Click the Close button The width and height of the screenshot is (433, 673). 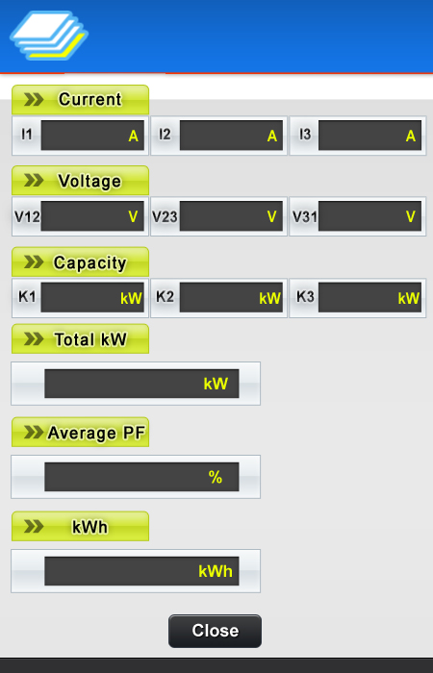pos(215,631)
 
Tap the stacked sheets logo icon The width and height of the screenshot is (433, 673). pos(49,36)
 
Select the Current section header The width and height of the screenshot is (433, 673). pos(80,100)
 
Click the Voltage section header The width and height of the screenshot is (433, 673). pos(80,181)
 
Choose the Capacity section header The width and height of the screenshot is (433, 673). pos(80,262)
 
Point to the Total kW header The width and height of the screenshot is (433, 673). pos(80,339)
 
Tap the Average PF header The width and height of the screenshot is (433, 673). pos(80,433)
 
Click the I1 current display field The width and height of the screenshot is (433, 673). pos(92,136)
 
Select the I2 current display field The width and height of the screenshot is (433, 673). pos(231,136)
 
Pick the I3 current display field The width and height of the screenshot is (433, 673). pos(369,136)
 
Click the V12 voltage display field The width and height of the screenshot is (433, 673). pos(92,216)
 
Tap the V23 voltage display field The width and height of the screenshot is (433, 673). pos(231,216)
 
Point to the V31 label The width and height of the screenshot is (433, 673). pos(305,216)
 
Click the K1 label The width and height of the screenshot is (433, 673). pos(27,296)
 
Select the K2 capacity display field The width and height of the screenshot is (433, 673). pos(231,297)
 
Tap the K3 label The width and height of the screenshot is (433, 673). pos(305,296)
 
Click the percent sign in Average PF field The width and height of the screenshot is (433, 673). pos(216,477)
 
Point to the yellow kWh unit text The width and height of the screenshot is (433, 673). pos(216,571)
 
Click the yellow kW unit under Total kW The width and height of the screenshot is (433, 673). pos(216,384)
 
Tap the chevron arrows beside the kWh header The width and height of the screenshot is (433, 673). pos(34,526)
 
